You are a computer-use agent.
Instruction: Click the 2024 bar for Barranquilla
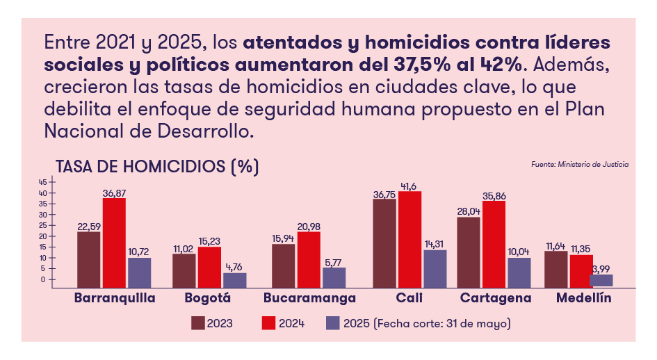(x=114, y=242)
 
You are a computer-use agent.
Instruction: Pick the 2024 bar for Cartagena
(x=494, y=243)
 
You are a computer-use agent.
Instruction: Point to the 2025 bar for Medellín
(x=601, y=280)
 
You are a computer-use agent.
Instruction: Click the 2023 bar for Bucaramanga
(x=283, y=265)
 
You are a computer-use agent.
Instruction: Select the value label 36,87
(x=115, y=193)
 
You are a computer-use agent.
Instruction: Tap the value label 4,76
(x=234, y=267)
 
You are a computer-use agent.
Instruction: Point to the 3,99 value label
(x=602, y=268)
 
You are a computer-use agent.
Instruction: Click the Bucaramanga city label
(x=310, y=298)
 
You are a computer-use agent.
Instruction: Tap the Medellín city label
(x=583, y=298)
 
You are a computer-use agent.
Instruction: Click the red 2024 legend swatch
(x=268, y=323)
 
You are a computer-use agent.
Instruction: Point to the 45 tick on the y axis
(x=42, y=182)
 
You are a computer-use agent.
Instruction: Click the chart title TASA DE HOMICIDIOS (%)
(x=157, y=167)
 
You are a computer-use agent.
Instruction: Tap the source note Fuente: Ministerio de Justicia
(x=580, y=165)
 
